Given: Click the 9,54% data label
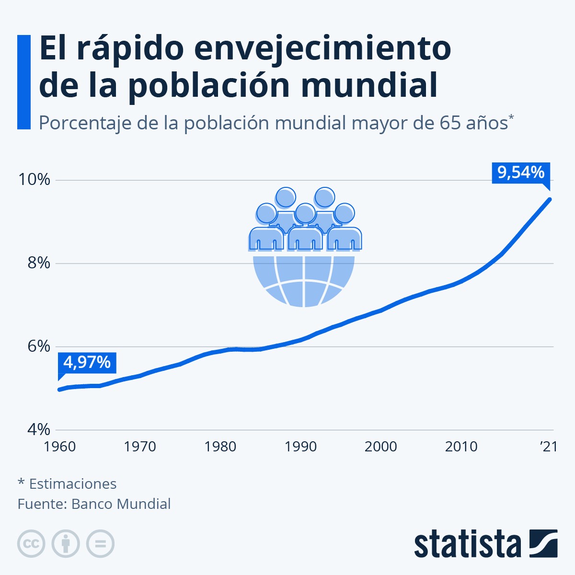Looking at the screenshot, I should [521, 172].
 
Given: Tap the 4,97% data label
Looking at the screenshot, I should [87, 362].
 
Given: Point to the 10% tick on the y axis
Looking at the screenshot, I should [34, 180].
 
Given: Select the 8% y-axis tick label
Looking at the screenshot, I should [38, 263].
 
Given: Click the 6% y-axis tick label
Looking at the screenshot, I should [38, 346].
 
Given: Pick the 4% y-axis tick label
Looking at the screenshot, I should [38, 429].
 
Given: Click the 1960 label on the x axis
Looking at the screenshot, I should [60, 447].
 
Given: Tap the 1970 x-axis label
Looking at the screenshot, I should [140, 447].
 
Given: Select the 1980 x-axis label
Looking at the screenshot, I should [220, 447].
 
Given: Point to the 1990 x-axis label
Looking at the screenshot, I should [300, 447].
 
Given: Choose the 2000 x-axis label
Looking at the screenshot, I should [380, 447].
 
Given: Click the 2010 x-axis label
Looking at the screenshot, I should [461, 447].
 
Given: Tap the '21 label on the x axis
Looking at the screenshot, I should [549, 447].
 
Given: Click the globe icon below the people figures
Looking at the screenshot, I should [304, 280].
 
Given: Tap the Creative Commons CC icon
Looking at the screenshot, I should [31, 544].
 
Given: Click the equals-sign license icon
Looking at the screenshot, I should [101, 544].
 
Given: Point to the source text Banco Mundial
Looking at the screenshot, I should [121, 504].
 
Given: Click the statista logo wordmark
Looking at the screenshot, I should [467, 544].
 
